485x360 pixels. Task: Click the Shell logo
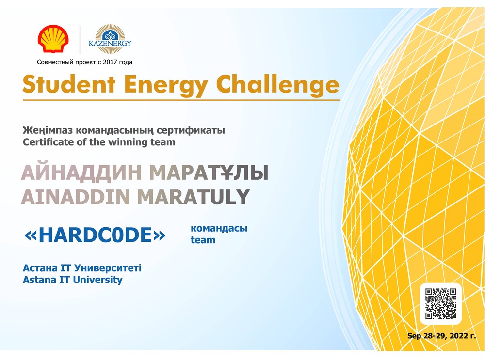click(53, 39)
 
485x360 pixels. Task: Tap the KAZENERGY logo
click(110, 39)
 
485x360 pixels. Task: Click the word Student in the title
click(69, 84)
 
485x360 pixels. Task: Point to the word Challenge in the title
click(277, 84)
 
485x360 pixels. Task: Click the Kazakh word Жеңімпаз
click(48, 131)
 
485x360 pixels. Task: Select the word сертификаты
click(191, 131)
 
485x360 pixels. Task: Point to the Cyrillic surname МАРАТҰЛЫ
click(209, 172)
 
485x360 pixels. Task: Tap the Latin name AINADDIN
click(75, 197)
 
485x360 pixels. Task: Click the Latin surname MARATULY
click(194, 197)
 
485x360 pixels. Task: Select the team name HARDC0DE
click(95, 235)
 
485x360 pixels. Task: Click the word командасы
click(219, 229)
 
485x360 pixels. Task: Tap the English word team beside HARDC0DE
click(203, 240)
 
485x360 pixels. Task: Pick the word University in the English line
click(98, 280)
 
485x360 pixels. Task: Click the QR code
click(441, 304)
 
